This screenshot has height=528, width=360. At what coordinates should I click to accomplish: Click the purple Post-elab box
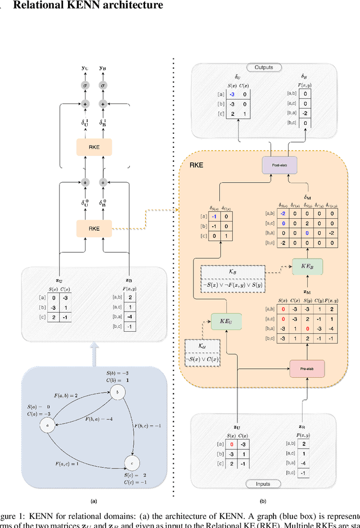tap(272, 165)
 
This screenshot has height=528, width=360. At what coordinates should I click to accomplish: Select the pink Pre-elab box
tap(307, 368)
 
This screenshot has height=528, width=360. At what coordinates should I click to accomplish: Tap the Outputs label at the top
tap(263, 67)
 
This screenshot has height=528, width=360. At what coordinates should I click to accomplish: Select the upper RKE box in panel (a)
tap(94, 147)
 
